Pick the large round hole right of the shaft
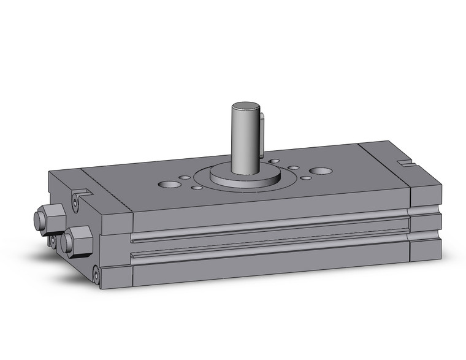[320, 170]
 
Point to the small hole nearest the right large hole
[305, 177]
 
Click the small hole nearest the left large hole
[183, 178]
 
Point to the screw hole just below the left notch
[77, 203]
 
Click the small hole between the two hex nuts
[53, 240]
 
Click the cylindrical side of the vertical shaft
[244, 141]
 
